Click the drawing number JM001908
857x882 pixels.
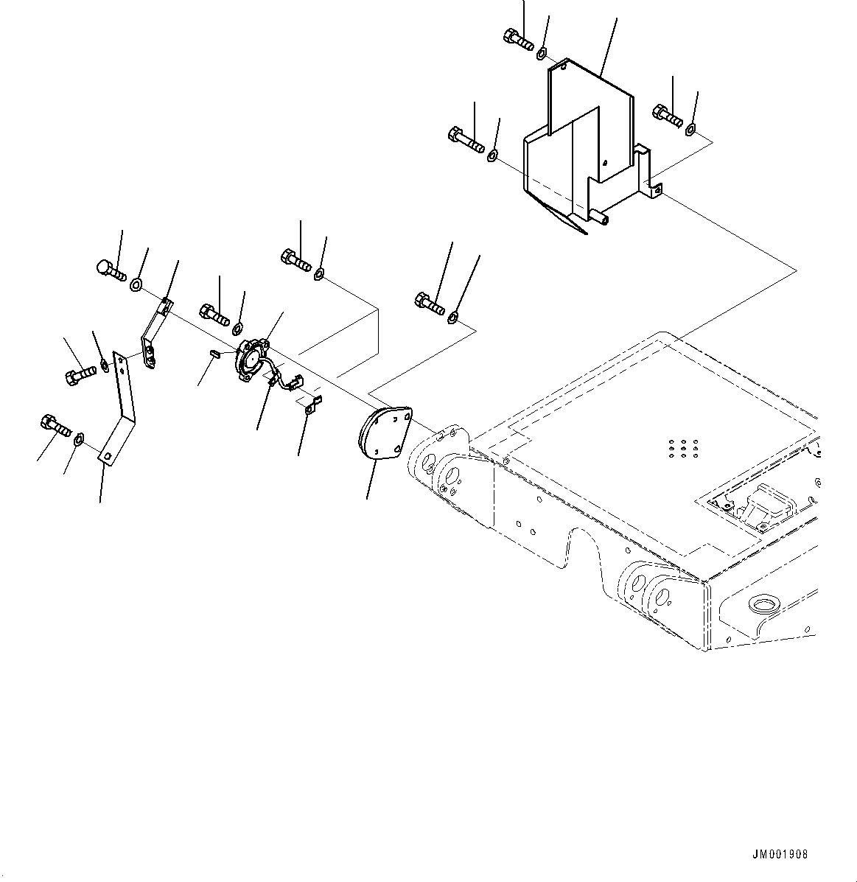coord(780,855)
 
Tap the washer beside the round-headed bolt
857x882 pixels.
coord(136,284)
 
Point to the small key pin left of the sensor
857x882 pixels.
coord(214,353)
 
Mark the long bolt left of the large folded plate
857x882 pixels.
coord(464,140)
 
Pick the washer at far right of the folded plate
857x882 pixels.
coord(690,130)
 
